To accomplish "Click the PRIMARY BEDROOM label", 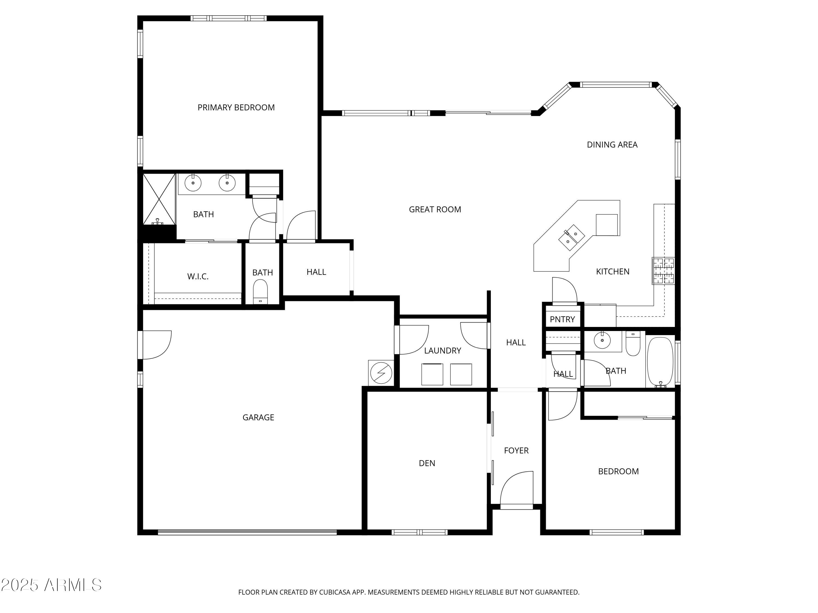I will [236, 108].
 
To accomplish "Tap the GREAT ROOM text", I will [435, 210].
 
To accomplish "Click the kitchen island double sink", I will [571, 238].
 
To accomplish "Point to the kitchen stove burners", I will [663, 271].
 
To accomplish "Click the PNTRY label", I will [562, 320].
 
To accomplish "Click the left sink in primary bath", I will [193, 183].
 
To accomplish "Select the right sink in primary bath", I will [227, 183].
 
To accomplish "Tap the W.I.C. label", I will [198, 276].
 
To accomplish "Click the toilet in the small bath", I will [260, 291].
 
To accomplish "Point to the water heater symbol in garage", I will [381, 373].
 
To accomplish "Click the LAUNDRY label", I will [442, 351].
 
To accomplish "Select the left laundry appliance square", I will [432, 374].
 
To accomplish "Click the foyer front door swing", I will [517, 487].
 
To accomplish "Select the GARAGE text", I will [258, 418].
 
